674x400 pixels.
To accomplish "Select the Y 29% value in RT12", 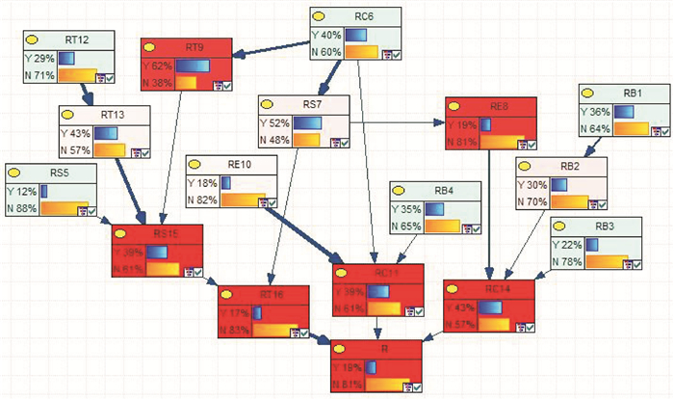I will click(x=41, y=58).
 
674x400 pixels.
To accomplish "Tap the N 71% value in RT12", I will click(x=41, y=75).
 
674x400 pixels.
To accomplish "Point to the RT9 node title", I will click(x=194, y=46).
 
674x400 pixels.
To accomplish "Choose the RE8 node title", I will click(x=497, y=106).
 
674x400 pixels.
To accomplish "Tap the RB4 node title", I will click(x=442, y=190).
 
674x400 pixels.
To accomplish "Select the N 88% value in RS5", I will click(x=24, y=207).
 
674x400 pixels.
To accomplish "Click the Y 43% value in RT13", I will click(x=76, y=132).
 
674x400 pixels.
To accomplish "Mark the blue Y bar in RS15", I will click(x=156, y=253).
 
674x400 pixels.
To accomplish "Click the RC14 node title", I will click(x=497, y=287).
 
